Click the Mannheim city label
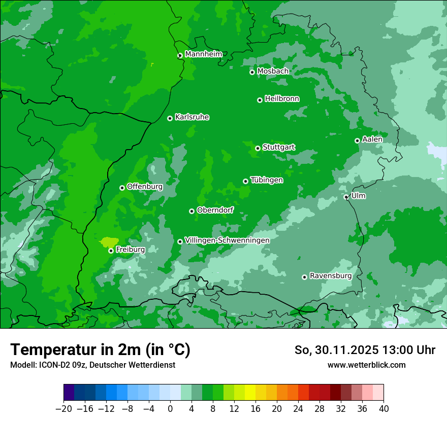pos(203,54)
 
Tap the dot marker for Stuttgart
pos(258,148)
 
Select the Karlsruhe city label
pos(192,117)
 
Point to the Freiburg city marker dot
pos(111,251)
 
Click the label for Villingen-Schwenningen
pos(227,240)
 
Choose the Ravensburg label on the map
pos(331,276)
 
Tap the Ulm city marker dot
pos(346,197)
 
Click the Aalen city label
pos(372,139)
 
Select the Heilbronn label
pos(282,99)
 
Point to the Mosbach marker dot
pos(252,72)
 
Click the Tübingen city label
pos(267,180)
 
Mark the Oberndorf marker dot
pos(191,211)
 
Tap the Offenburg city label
pos(145,187)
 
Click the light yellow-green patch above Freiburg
pos(109,242)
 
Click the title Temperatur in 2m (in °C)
pos(100,349)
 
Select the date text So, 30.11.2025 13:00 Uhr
pos(365,350)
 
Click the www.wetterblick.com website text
pos(366,365)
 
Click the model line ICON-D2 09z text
pos(92,365)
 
